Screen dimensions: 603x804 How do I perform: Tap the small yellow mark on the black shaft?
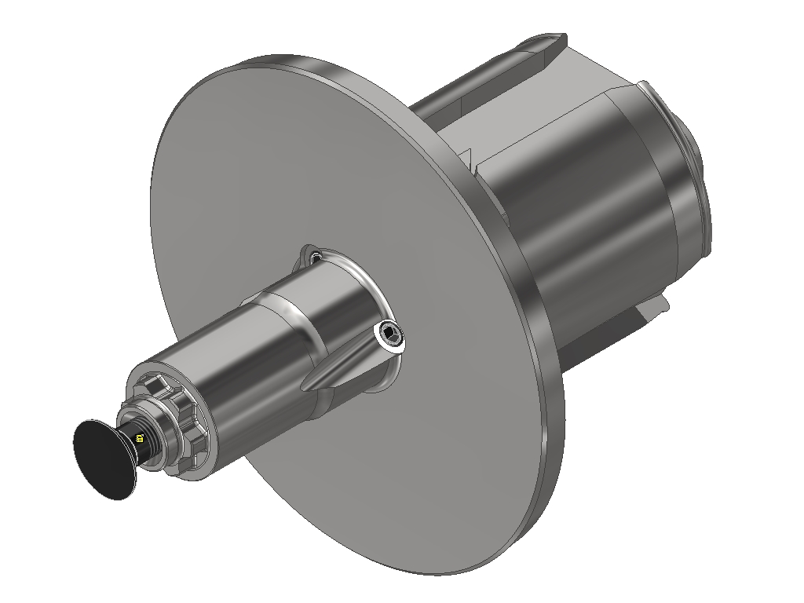tap(140, 438)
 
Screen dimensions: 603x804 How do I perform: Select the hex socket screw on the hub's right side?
tap(390, 338)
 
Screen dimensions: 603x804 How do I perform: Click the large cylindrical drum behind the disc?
tap(581, 204)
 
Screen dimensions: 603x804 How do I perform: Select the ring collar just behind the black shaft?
tap(157, 440)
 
